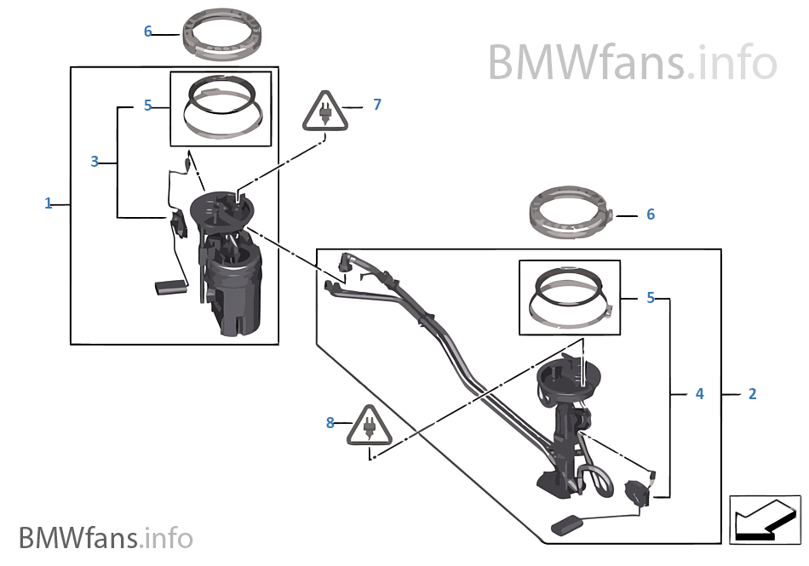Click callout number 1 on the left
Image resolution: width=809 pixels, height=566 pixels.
(x=49, y=203)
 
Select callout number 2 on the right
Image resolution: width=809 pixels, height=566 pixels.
(x=752, y=394)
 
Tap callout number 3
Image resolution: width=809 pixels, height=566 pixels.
(x=95, y=161)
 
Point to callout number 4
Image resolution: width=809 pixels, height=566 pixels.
(x=700, y=394)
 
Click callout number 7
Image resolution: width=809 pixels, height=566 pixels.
(x=377, y=105)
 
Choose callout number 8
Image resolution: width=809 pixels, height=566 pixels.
(x=330, y=422)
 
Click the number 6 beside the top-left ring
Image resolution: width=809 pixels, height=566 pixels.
(x=147, y=31)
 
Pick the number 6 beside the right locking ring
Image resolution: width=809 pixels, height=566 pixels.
(x=651, y=214)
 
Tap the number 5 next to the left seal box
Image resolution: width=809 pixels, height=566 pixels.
(x=147, y=106)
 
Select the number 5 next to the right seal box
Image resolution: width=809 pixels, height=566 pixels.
(x=651, y=299)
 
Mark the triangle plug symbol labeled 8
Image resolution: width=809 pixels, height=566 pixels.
(x=370, y=426)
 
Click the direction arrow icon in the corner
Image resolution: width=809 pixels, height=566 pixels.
(x=765, y=519)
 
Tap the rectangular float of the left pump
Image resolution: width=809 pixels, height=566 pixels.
(x=169, y=288)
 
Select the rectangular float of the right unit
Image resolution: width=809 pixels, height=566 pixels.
(x=566, y=524)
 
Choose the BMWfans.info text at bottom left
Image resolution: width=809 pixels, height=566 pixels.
(x=106, y=538)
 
